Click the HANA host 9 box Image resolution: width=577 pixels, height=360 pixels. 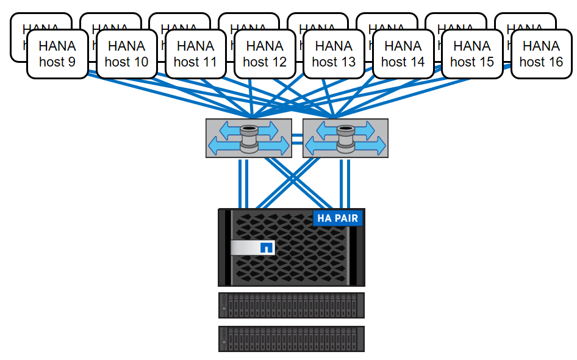57,54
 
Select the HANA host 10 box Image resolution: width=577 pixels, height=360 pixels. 126,54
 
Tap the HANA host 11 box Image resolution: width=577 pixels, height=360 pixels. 195,54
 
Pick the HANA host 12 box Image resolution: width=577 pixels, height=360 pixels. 265,54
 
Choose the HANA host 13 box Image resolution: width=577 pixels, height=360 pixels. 334,54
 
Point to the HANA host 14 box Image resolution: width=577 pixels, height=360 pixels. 403,54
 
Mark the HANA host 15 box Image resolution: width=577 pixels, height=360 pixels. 472,54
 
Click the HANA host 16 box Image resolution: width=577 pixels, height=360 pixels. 541,54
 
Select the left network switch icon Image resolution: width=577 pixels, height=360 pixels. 248,138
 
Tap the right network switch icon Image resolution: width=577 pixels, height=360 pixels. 345,138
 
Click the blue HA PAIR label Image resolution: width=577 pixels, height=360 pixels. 337,218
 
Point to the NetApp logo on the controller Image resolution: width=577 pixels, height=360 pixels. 266,248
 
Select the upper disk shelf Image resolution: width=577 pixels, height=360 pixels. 292,305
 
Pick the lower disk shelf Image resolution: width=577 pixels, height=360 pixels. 292,339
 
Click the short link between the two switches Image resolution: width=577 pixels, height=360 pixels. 297,138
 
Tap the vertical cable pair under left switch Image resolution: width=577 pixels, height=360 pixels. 244,183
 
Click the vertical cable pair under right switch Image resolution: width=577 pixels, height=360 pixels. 345,183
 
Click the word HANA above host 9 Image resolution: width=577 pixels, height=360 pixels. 57,46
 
